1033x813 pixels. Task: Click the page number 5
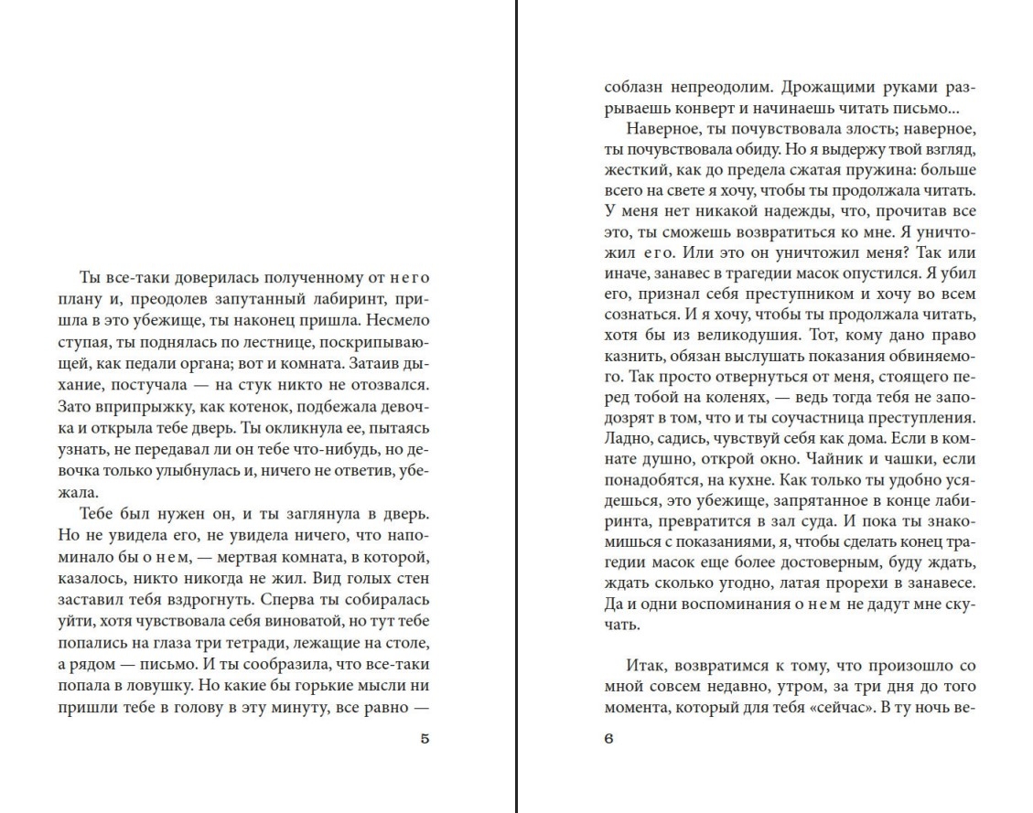click(424, 740)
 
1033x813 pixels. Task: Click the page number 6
click(609, 740)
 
